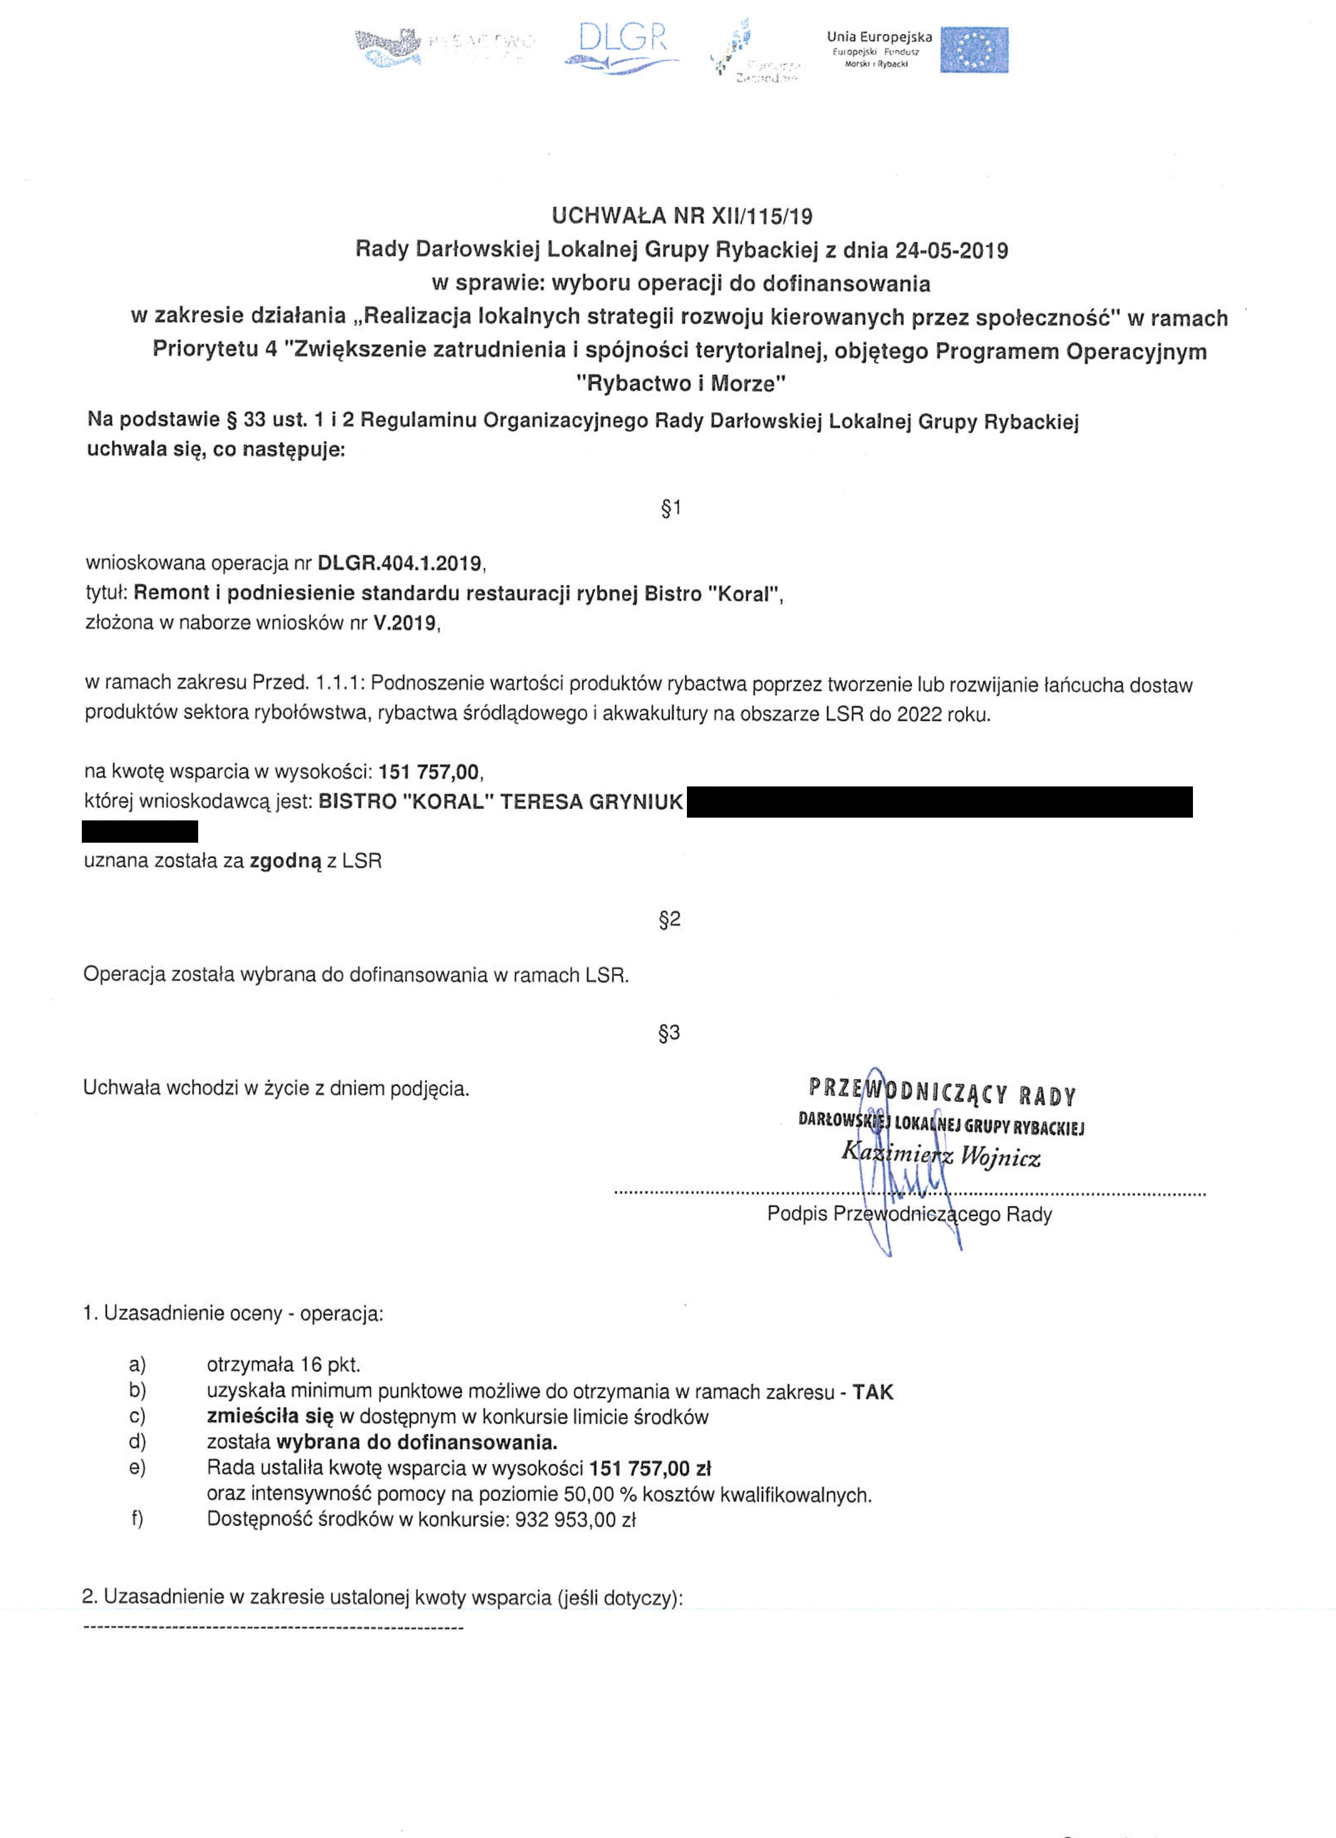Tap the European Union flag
coord(974,50)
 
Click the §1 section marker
coord(671,508)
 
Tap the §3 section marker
coord(669,1033)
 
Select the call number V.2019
coord(405,623)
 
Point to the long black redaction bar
coord(939,801)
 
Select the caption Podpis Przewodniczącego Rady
coord(909,1214)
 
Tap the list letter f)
coord(137,1519)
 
